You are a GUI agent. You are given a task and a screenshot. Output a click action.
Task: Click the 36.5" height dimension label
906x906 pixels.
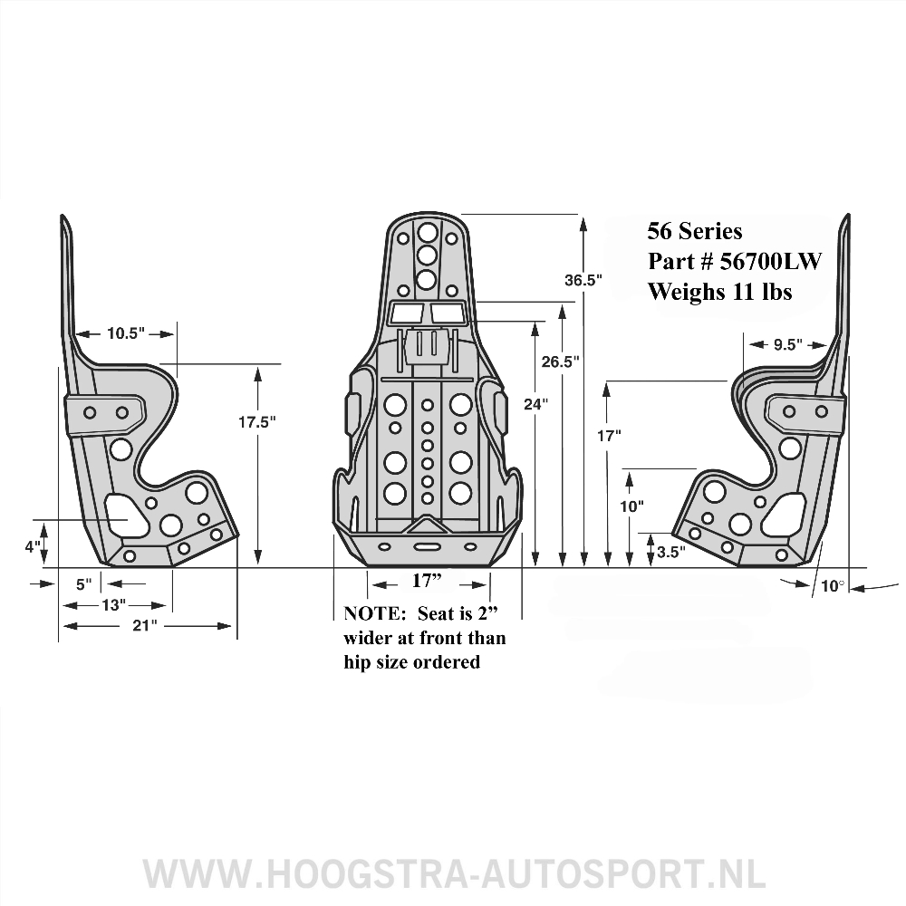583,280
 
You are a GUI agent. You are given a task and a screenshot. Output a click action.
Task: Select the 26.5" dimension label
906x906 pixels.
560,361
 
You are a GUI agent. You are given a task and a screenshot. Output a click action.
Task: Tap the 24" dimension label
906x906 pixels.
536,404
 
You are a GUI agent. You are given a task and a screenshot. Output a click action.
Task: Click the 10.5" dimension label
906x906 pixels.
125,333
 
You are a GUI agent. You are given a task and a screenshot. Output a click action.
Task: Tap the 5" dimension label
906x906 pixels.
83,584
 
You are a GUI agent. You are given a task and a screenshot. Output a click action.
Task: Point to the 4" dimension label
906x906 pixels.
33,546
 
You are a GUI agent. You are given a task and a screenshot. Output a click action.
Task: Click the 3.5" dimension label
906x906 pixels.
671,550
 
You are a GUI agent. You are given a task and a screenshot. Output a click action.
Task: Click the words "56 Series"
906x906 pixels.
695,231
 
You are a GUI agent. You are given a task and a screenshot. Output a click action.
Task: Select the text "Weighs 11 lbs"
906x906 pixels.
719,292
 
